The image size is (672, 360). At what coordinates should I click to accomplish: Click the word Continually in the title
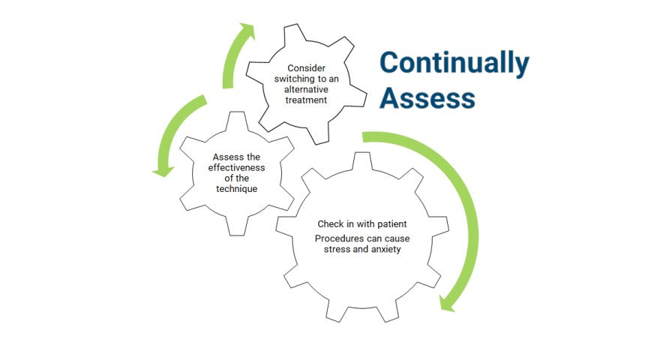(454, 64)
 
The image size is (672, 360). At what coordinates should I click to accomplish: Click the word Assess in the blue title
(427, 98)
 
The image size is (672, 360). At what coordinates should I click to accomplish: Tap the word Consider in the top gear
(306, 68)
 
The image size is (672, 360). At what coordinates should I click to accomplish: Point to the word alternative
(307, 89)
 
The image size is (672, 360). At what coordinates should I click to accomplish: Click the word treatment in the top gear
(306, 100)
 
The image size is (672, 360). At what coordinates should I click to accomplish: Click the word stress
(337, 250)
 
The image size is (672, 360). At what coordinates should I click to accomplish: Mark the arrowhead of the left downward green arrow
(160, 171)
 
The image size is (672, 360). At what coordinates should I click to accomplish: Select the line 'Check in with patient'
(362, 224)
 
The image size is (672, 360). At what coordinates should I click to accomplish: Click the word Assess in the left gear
(226, 157)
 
